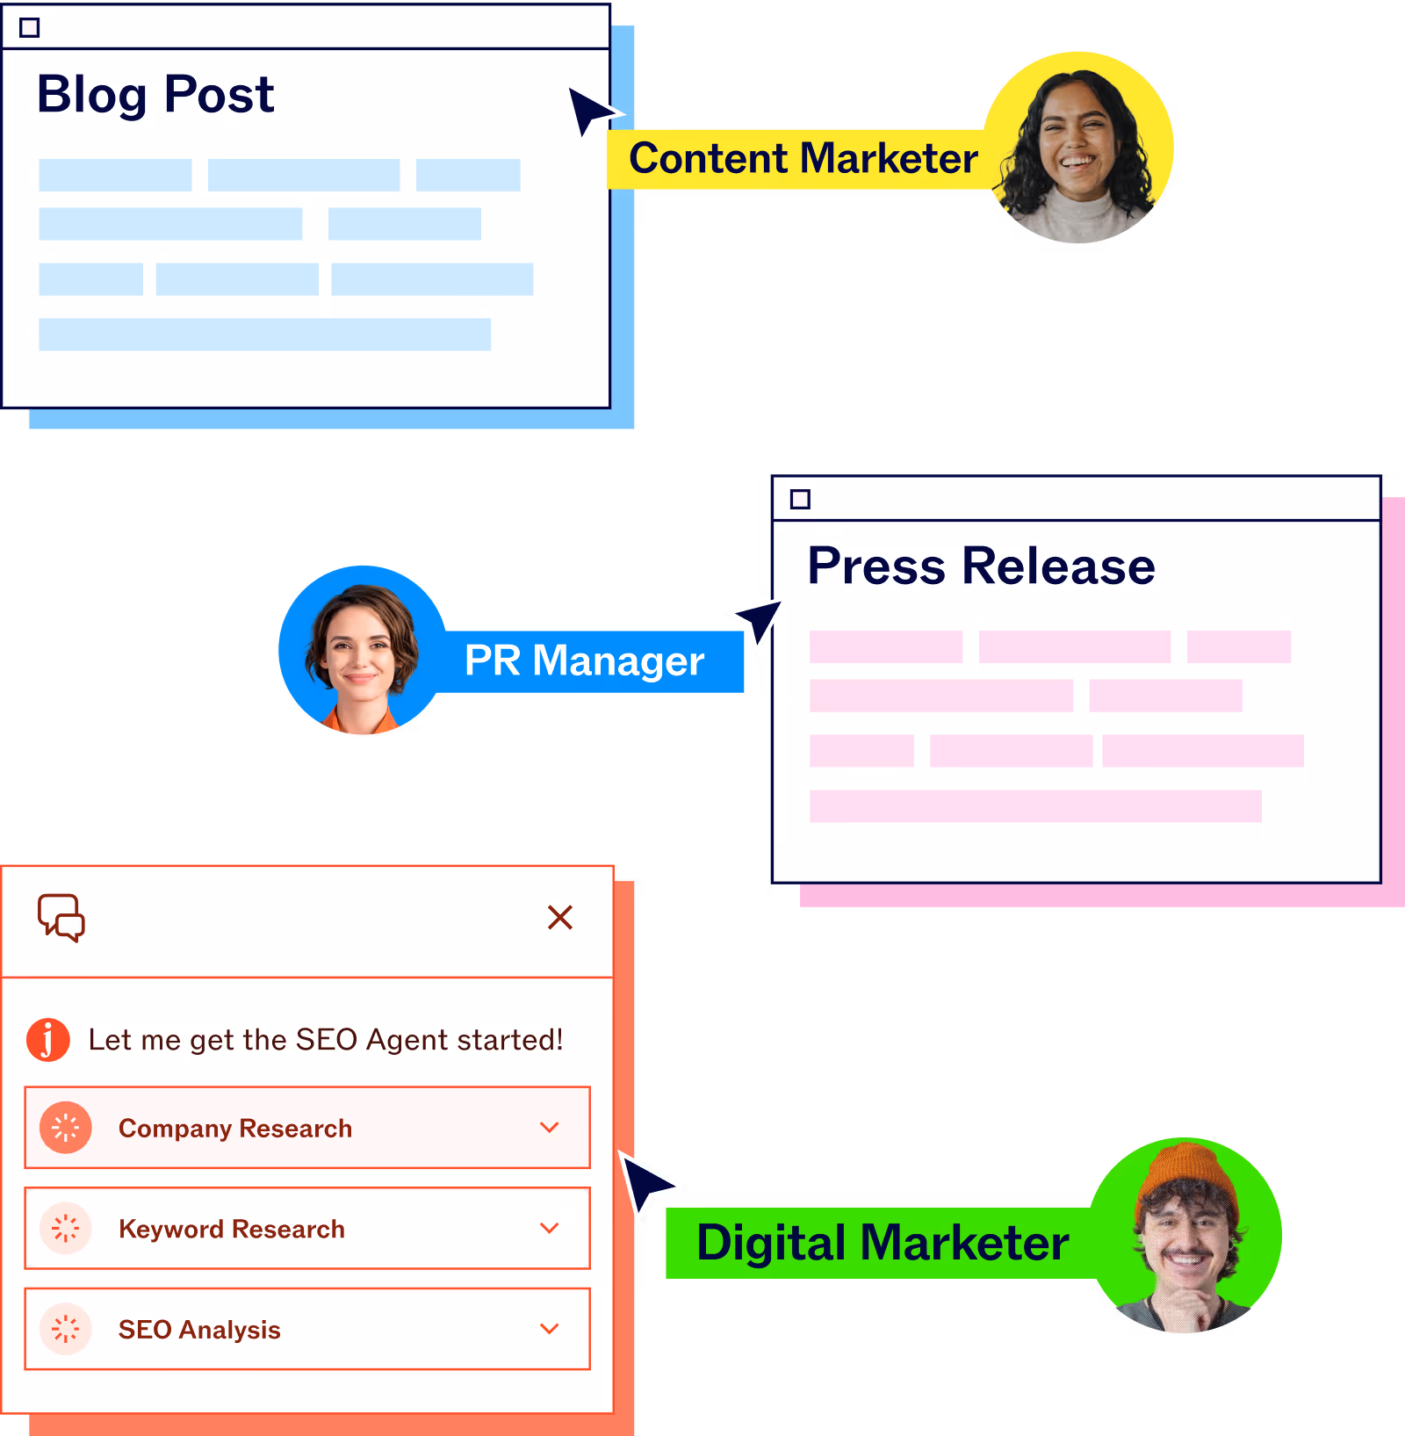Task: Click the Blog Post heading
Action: tap(155, 95)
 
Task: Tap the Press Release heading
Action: tap(981, 566)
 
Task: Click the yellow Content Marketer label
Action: tap(803, 159)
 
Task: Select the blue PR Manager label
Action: tap(584, 661)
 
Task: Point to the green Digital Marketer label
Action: tap(882, 1243)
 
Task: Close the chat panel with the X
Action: tap(559, 917)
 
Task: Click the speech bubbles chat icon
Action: tap(61, 918)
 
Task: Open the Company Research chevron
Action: tap(550, 1128)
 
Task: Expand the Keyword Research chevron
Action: tap(550, 1228)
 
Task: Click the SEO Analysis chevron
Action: tap(550, 1329)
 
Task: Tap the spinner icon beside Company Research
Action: tap(66, 1128)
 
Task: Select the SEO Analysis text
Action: tap(199, 1330)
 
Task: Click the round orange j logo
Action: tap(48, 1040)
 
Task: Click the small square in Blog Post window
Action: tap(30, 28)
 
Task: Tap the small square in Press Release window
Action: tap(800, 500)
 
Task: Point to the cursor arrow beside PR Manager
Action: tap(757, 620)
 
